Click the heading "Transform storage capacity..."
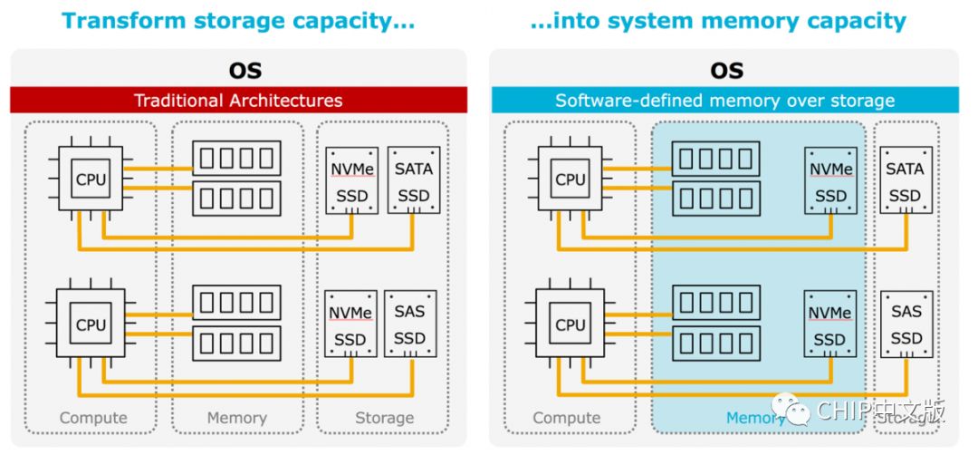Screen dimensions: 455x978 coord(238,21)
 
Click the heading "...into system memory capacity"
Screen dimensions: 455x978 coord(717,21)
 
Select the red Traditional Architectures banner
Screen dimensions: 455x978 coord(238,100)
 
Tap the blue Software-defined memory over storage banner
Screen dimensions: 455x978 coord(724,100)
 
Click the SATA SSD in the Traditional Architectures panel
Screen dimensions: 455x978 coord(414,180)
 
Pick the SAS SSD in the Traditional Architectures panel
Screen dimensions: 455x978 coord(410,324)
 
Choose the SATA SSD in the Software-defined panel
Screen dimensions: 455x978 coord(906,180)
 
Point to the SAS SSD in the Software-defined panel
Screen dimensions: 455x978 coord(906,324)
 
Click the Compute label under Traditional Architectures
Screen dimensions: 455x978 coord(93,418)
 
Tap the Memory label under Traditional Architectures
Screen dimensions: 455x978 coord(236,418)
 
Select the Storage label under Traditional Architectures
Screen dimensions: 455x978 coord(384,418)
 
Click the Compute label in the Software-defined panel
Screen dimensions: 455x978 coord(566,418)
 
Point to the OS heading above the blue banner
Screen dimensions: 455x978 coord(726,70)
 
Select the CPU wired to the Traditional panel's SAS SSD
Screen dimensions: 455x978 coord(91,324)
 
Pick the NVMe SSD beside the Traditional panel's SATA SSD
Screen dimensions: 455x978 coord(350,180)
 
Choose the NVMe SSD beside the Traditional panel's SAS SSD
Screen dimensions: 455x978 coord(350,324)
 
